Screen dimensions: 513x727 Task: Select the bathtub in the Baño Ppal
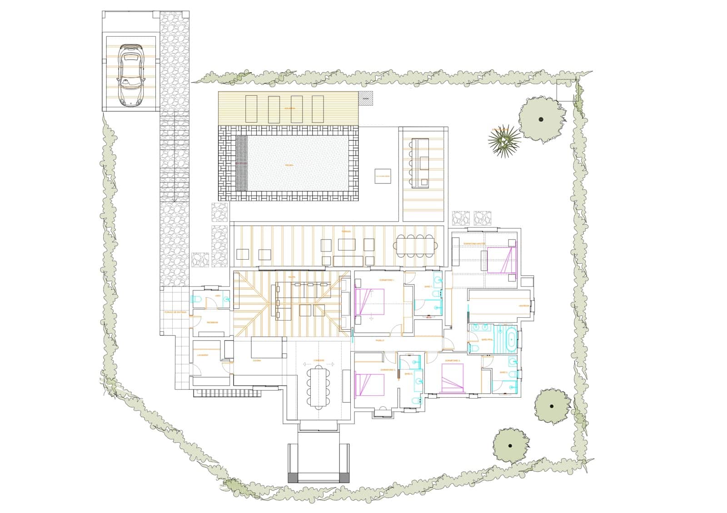[x=511, y=339]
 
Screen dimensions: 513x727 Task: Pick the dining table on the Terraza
[x=415, y=246]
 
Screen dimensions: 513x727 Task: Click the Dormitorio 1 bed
[x=370, y=301]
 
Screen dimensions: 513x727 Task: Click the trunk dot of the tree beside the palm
[x=541, y=119]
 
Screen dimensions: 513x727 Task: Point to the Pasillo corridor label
[x=379, y=340]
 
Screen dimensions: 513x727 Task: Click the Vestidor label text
[x=524, y=306]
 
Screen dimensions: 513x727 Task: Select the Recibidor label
[x=213, y=322]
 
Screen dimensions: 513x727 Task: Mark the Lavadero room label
[x=203, y=355]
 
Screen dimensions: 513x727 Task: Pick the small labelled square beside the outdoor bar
[x=383, y=176]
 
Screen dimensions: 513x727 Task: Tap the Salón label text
[x=291, y=276]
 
